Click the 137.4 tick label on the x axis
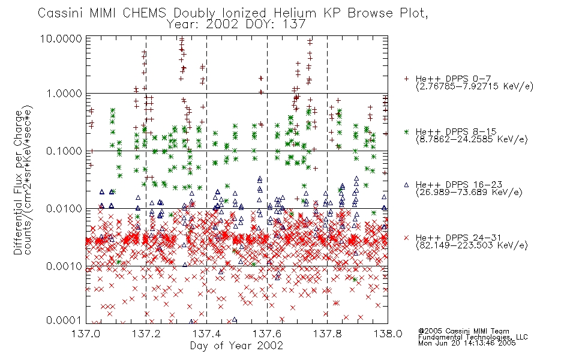pos(206,334)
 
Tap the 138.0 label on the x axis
pos(388,334)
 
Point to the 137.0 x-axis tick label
pos(86,334)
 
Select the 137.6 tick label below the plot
pos(267,334)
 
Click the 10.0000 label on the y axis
pos(61,38)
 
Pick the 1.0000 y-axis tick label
pos(64,94)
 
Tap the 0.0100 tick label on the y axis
pos(64,209)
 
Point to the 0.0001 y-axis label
pos(64,320)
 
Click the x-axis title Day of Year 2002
pos(236,346)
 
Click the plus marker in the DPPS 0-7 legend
pos(406,79)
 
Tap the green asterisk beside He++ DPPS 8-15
pos(406,131)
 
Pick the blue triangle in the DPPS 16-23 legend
pos(406,185)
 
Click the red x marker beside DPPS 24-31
pos(406,238)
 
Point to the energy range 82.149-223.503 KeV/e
pos(472,245)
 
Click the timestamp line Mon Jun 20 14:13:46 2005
pos(467,343)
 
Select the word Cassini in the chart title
pos(61,13)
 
